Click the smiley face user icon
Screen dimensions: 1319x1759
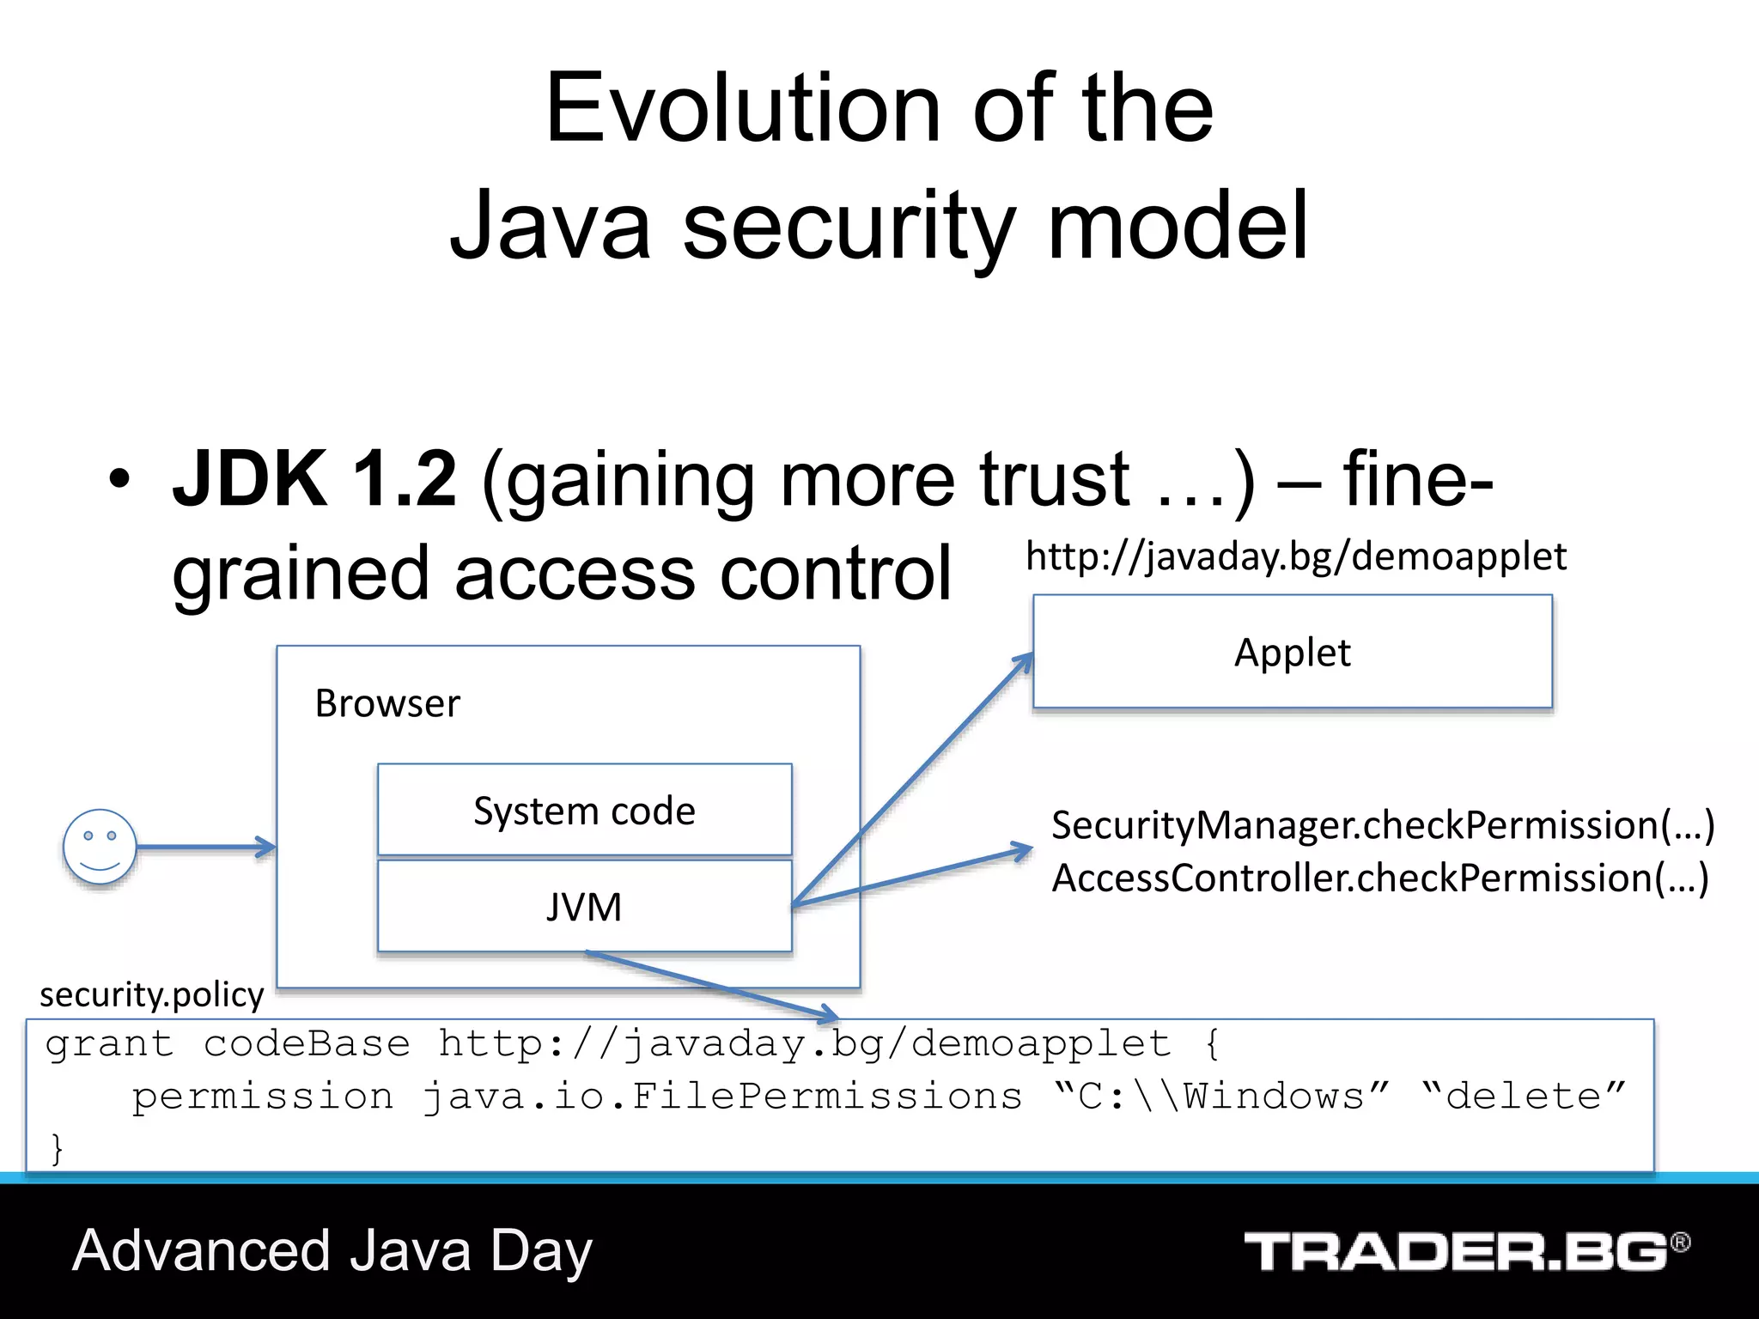click(100, 847)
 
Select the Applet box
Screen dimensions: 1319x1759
click(1292, 653)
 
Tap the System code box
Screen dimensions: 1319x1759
click(584, 811)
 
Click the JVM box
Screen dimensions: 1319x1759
click(584, 907)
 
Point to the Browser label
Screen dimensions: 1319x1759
click(387, 703)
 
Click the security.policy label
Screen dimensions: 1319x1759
click(151, 994)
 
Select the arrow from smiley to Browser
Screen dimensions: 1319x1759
click(206, 848)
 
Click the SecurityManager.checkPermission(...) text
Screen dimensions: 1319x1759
click(1383, 824)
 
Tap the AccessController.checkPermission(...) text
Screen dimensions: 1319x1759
click(1379, 878)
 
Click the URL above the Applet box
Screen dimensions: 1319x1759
click(1295, 556)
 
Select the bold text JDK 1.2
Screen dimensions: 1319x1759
click(314, 479)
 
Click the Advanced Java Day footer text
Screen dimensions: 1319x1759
click(332, 1250)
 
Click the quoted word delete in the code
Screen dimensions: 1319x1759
click(1524, 1097)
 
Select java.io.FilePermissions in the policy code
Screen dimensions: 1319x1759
click(721, 1097)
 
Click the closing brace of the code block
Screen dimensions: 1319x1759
click(57, 1148)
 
